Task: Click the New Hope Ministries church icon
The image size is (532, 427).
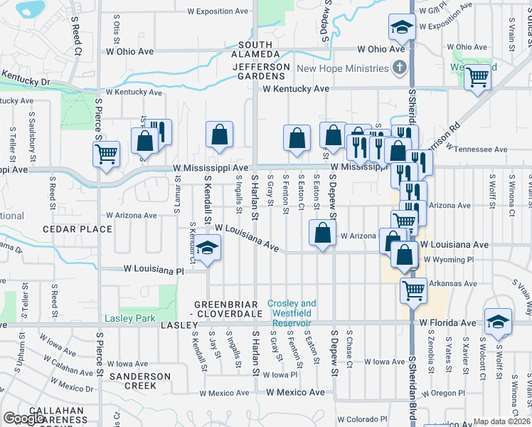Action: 400,68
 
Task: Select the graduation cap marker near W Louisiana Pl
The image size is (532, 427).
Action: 208,248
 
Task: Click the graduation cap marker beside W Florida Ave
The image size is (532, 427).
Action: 498,322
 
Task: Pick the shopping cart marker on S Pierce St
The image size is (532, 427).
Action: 107,154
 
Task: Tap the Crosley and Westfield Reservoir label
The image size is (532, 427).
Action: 292,308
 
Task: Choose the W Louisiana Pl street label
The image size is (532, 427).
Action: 154,270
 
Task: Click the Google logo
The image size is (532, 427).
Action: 24,418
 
